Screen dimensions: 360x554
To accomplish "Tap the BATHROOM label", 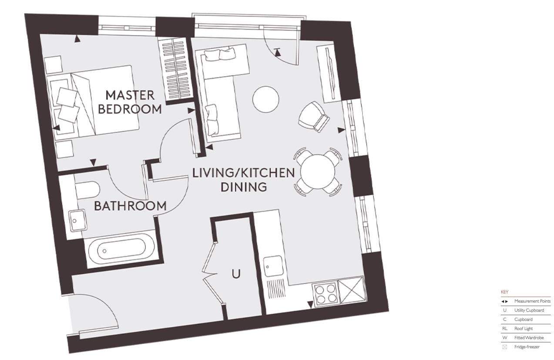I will click(131, 206).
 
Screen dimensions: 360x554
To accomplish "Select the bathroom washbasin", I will click(77, 220).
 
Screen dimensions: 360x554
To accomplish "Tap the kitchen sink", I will click(273, 265).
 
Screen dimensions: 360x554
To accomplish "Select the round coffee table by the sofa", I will click(266, 99).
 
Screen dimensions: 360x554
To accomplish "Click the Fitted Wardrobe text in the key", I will click(529, 338).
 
